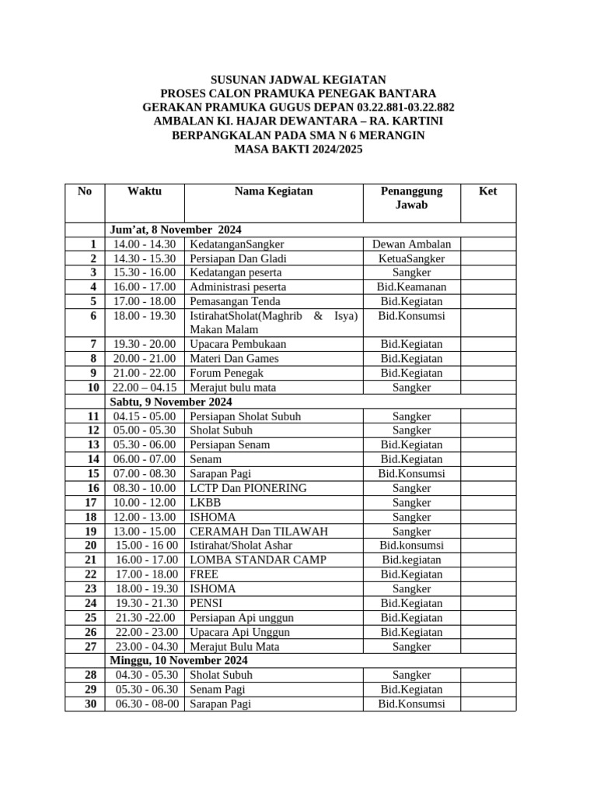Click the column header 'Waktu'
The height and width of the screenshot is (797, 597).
[x=145, y=191]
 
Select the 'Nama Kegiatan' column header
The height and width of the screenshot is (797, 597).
[x=274, y=191]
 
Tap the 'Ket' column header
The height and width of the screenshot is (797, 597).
[x=487, y=191]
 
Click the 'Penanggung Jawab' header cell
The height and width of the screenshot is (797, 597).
[x=411, y=198]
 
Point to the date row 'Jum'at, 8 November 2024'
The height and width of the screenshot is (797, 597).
[x=176, y=230]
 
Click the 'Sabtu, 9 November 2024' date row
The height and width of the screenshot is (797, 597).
[x=171, y=402]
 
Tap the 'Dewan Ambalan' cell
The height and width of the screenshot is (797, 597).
[x=411, y=244]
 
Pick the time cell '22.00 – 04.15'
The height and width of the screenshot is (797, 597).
[x=145, y=388]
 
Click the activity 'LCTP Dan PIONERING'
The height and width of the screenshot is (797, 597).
[x=248, y=488]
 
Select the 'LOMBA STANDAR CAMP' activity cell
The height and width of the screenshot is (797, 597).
[x=258, y=560]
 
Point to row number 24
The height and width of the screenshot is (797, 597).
[x=90, y=603]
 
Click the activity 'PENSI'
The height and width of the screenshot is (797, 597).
[x=205, y=603]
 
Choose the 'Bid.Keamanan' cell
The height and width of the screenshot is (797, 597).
[x=411, y=287]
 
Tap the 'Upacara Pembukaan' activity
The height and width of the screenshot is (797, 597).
[x=238, y=344]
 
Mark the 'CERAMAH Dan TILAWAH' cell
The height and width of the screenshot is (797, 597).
[x=259, y=532]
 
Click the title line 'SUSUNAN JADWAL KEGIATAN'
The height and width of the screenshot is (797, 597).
[x=298, y=80]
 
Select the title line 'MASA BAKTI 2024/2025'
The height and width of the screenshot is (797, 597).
[x=298, y=149]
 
